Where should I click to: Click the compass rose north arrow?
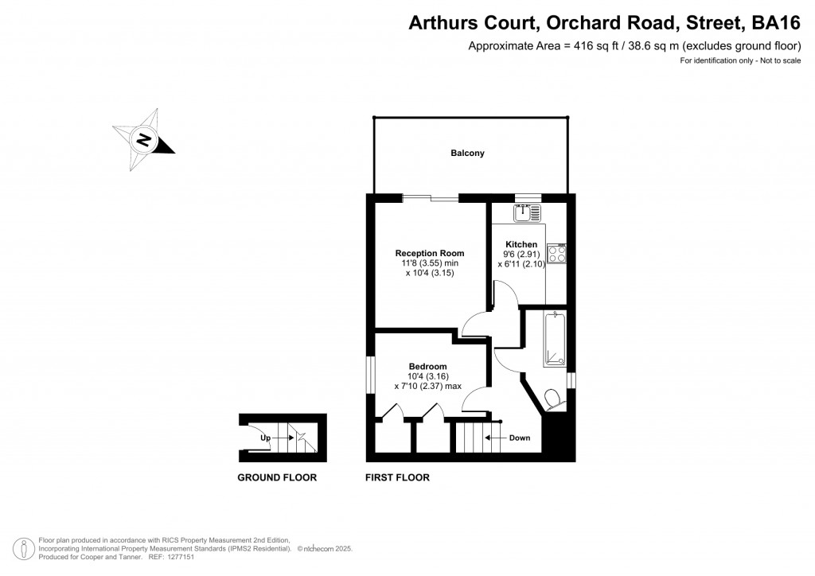pos(144,141)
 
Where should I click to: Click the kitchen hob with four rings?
pos(557,254)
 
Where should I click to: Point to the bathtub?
pos(553,340)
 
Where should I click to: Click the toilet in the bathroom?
pos(553,398)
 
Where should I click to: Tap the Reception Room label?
pos(430,253)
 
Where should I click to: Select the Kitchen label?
pos(521,244)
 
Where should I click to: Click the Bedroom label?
pos(428,366)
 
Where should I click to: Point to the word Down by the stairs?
pos(519,438)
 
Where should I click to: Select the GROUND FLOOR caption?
pos(277,478)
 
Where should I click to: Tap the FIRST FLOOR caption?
pos(397,478)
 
